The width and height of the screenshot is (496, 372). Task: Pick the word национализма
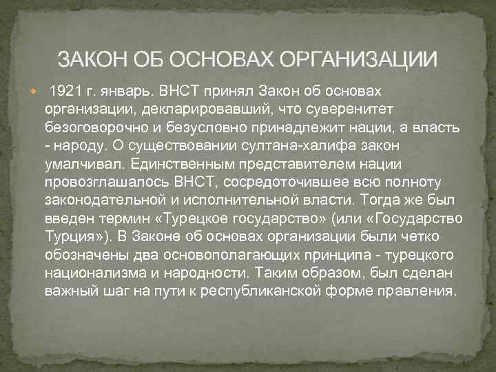[x=88, y=271]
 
